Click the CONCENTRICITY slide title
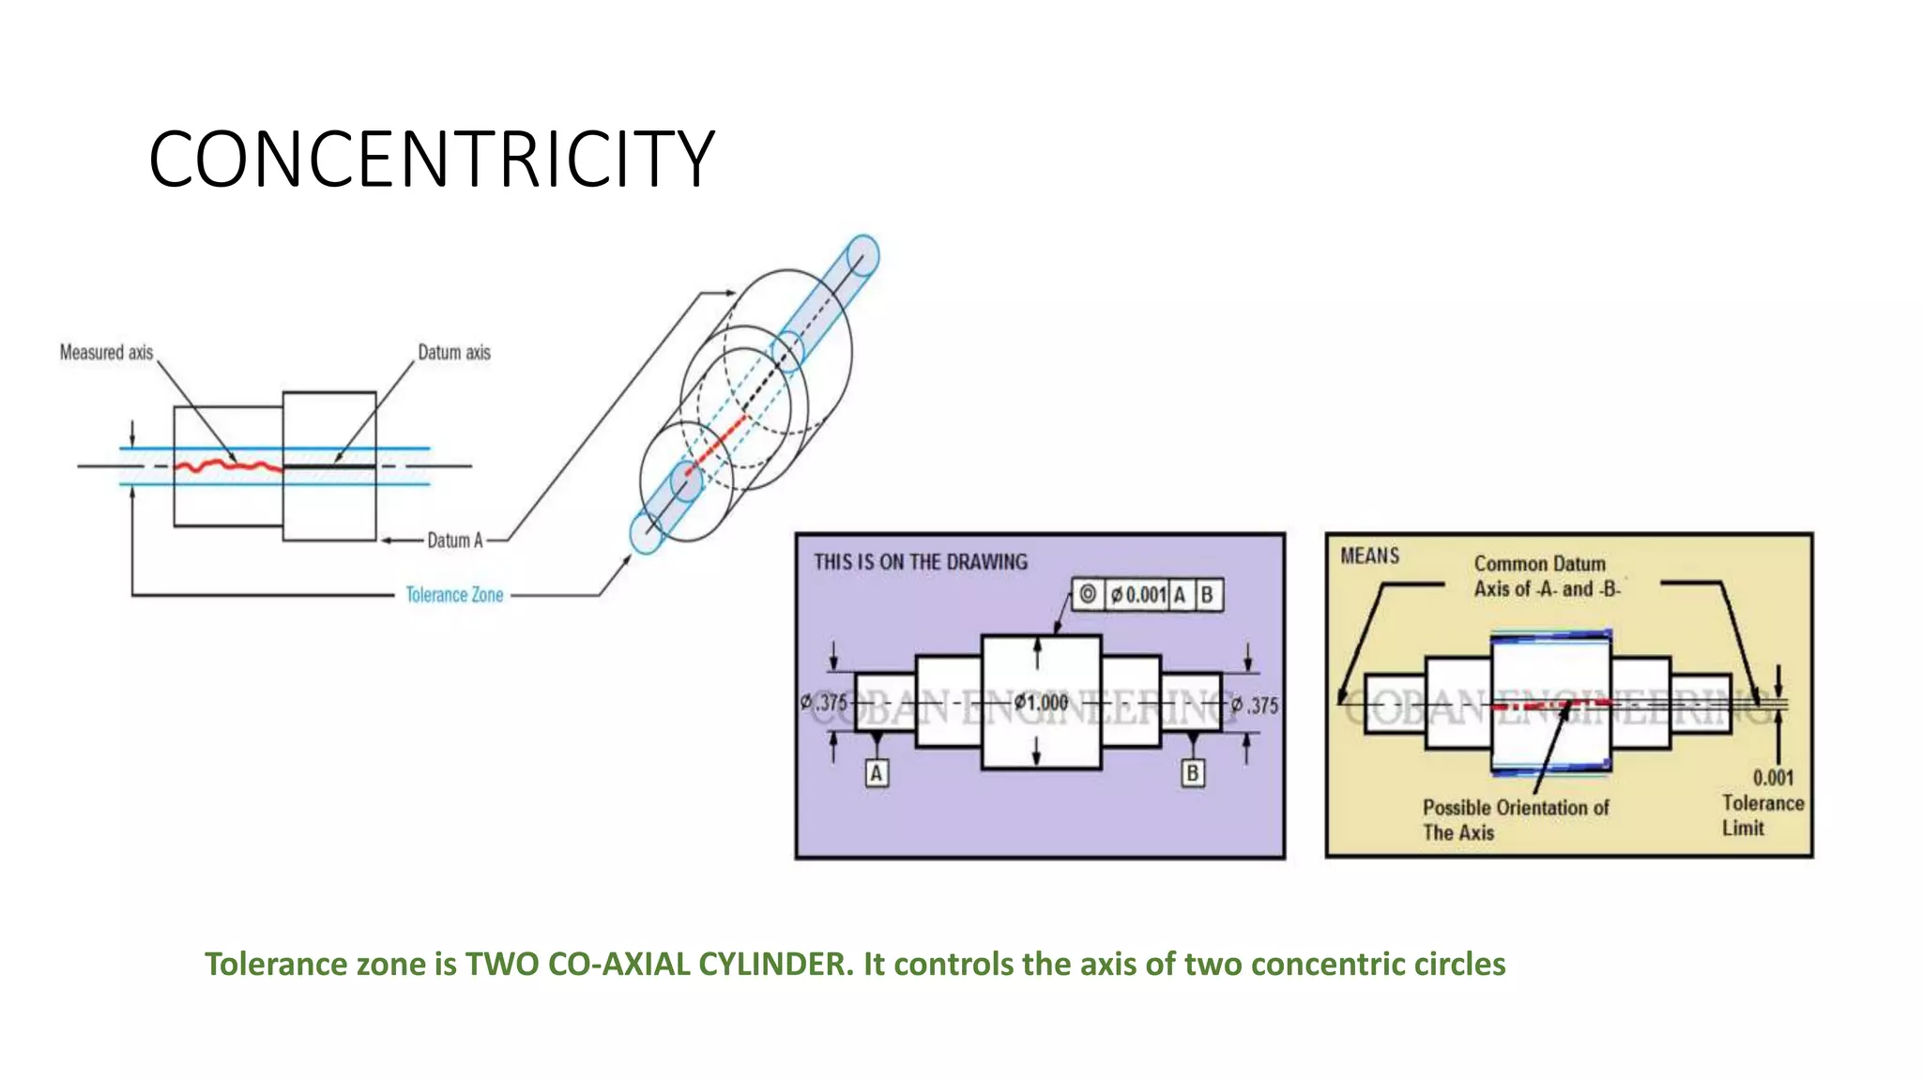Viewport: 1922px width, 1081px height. (432, 160)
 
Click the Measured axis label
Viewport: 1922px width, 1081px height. (106, 353)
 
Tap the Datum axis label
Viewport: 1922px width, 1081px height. (454, 353)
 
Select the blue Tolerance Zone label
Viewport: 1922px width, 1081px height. (454, 595)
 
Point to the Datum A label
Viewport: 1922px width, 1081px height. (455, 540)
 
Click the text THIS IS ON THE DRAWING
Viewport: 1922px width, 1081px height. (921, 562)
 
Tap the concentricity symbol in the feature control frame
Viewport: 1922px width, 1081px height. (1088, 594)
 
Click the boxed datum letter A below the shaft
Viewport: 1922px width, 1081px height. (876, 773)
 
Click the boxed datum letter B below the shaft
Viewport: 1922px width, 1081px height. (1192, 773)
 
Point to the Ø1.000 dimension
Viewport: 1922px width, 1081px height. (1041, 703)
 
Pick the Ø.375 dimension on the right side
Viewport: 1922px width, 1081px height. (1256, 705)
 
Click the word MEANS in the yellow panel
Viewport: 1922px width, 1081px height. (1369, 556)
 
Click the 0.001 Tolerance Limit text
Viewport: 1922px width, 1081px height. (1762, 802)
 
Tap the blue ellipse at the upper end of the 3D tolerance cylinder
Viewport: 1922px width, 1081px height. (862, 255)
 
